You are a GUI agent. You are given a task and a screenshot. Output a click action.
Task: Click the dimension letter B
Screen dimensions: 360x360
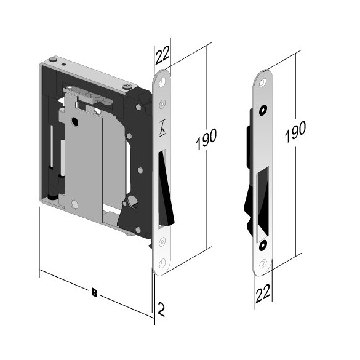tap(94, 292)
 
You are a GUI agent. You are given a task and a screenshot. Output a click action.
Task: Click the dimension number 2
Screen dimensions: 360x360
tap(161, 310)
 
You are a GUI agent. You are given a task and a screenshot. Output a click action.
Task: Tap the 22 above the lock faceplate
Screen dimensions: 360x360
tap(162, 55)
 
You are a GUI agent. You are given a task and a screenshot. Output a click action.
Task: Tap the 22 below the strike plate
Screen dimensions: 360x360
tap(263, 293)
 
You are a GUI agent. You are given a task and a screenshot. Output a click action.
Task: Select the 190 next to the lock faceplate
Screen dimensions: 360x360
tap(206, 139)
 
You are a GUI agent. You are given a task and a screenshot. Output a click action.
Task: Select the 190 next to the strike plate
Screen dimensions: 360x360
tap(295, 132)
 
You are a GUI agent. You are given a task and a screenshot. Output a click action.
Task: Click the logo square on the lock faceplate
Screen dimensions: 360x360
tap(162, 128)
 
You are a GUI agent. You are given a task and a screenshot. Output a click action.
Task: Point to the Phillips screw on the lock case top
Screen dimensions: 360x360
tap(127, 86)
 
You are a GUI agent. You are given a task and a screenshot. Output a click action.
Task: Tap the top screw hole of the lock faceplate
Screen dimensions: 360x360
tap(162, 82)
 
